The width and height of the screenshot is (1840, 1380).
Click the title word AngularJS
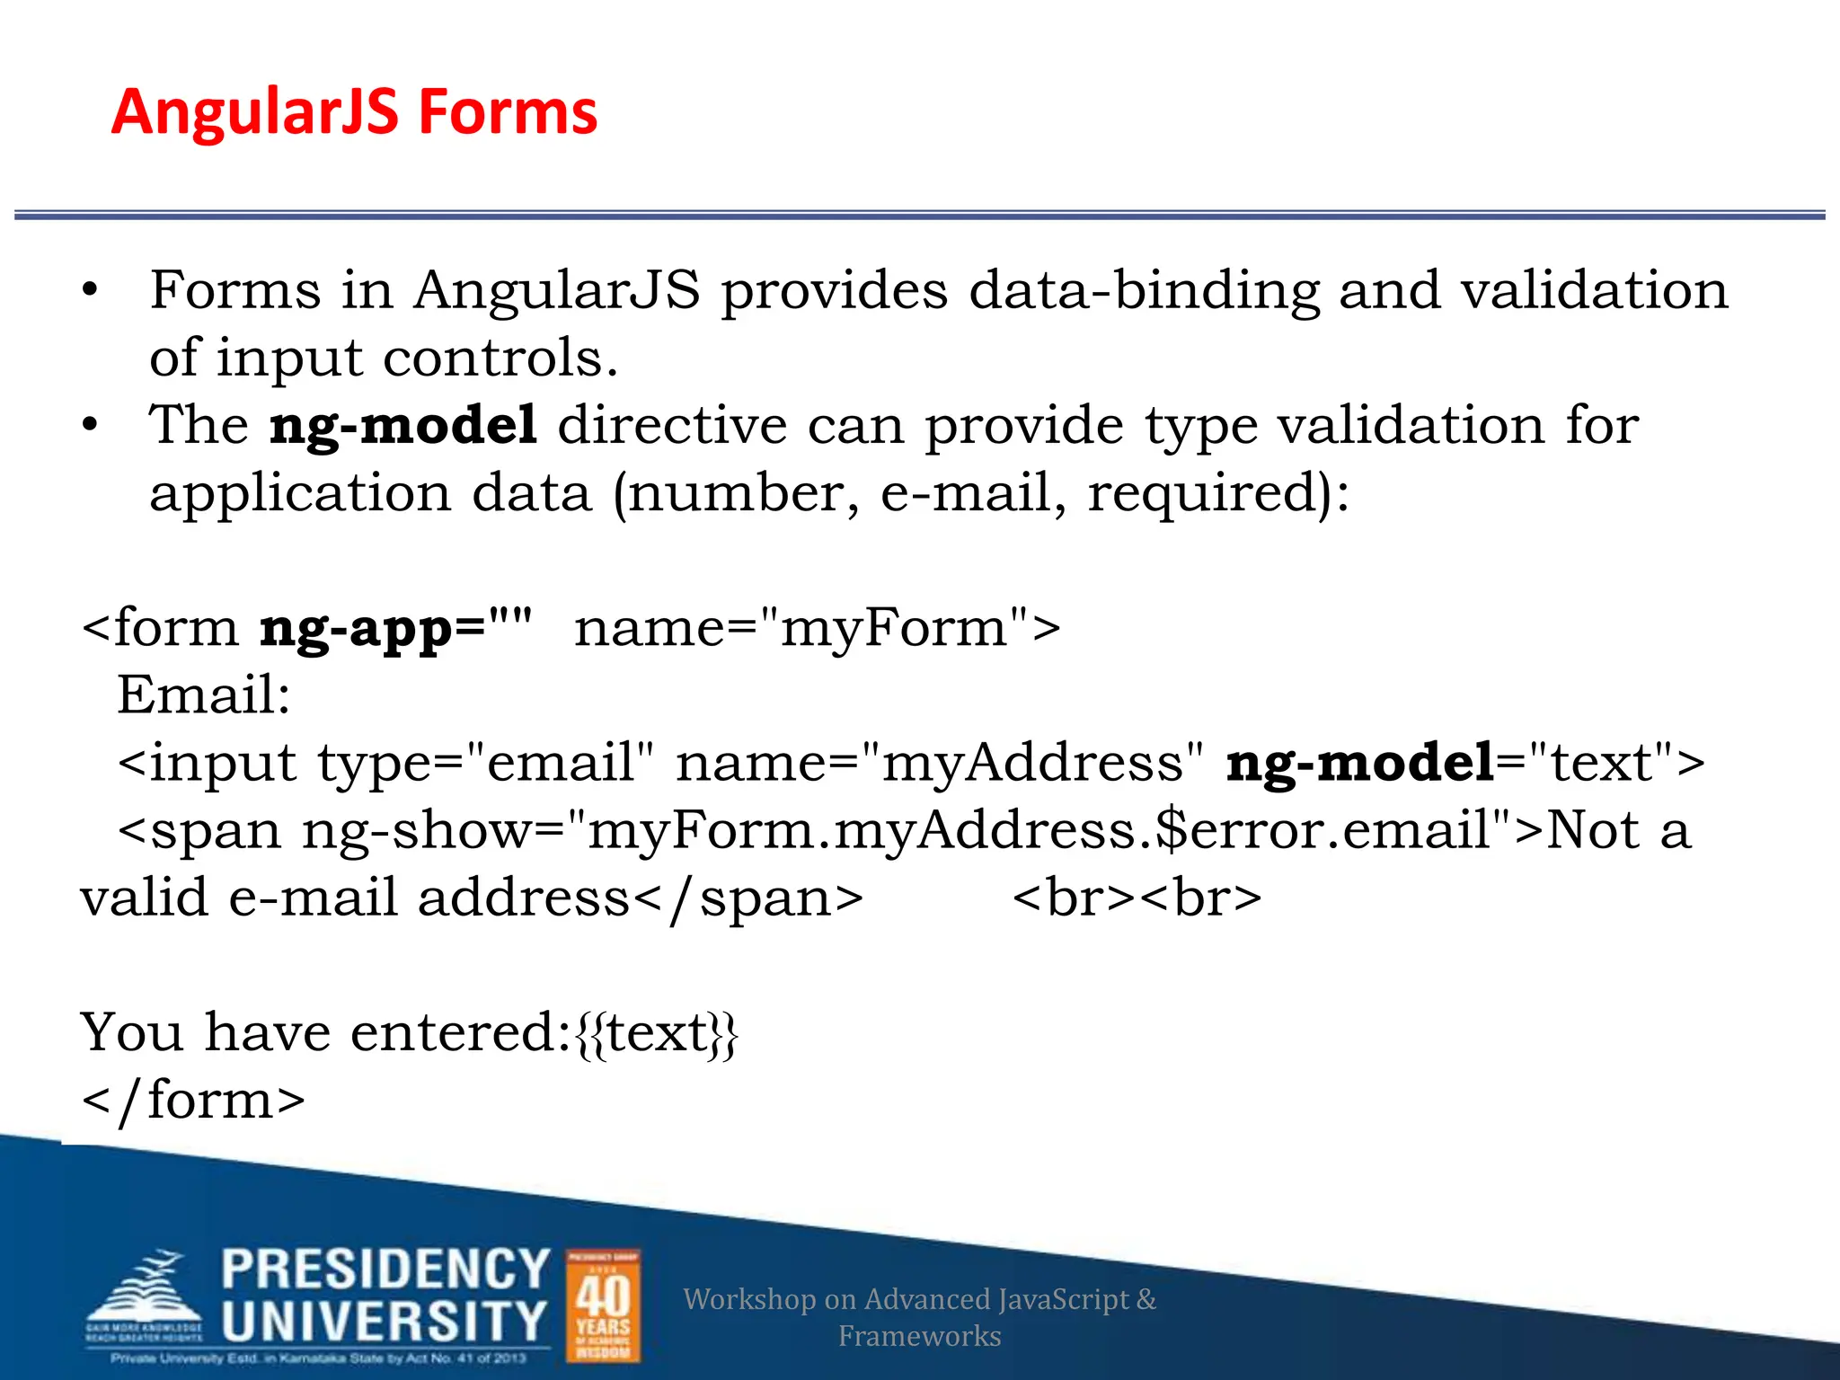point(254,113)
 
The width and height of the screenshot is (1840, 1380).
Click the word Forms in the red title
point(508,113)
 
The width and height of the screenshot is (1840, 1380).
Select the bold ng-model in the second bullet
point(403,426)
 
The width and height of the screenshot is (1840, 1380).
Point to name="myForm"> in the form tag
point(817,628)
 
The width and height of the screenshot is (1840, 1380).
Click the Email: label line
point(204,695)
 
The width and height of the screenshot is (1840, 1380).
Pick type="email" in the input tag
point(485,764)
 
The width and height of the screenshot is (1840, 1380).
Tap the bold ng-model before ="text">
point(1359,764)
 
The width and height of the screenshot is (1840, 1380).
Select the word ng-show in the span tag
point(418,831)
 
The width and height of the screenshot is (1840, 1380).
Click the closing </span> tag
point(748,898)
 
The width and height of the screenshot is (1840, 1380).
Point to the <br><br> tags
point(1137,898)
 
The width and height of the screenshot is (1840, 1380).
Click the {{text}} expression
point(657,1033)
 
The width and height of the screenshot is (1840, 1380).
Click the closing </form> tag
point(193,1101)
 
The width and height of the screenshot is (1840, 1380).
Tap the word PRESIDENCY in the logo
point(385,1269)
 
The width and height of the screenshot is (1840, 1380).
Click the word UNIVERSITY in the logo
point(384,1322)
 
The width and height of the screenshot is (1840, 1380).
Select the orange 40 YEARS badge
point(603,1305)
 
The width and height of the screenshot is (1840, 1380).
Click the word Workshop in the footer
point(748,1299)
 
